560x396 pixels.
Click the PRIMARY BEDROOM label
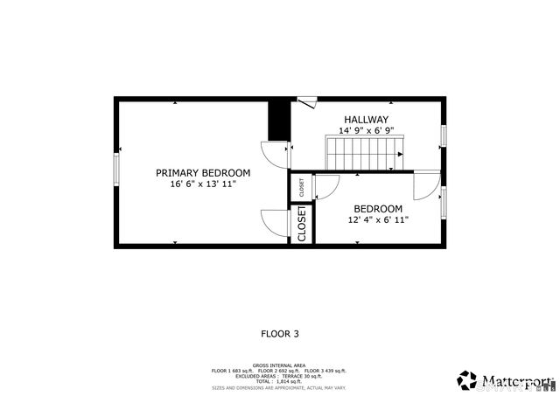pos(203,173)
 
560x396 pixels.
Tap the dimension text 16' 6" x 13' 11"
pos(203,184)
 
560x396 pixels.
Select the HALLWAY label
pos(366,120)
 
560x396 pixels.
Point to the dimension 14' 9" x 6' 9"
pos(366,131)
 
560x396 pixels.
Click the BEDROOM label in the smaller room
pos(378,209)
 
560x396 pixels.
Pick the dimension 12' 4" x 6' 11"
pos(378,220)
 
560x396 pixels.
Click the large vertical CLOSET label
pos(302,224)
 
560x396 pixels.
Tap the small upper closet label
pos(301,187)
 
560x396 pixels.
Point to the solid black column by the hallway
pos(278,121)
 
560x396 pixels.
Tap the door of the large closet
pos(276,222)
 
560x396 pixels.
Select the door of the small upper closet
pos(326,187)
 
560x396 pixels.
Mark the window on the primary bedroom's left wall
pos(116,171)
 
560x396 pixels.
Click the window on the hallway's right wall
pos(444,135)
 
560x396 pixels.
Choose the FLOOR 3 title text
pos(280,334)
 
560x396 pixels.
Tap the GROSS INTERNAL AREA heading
pos(279,365)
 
